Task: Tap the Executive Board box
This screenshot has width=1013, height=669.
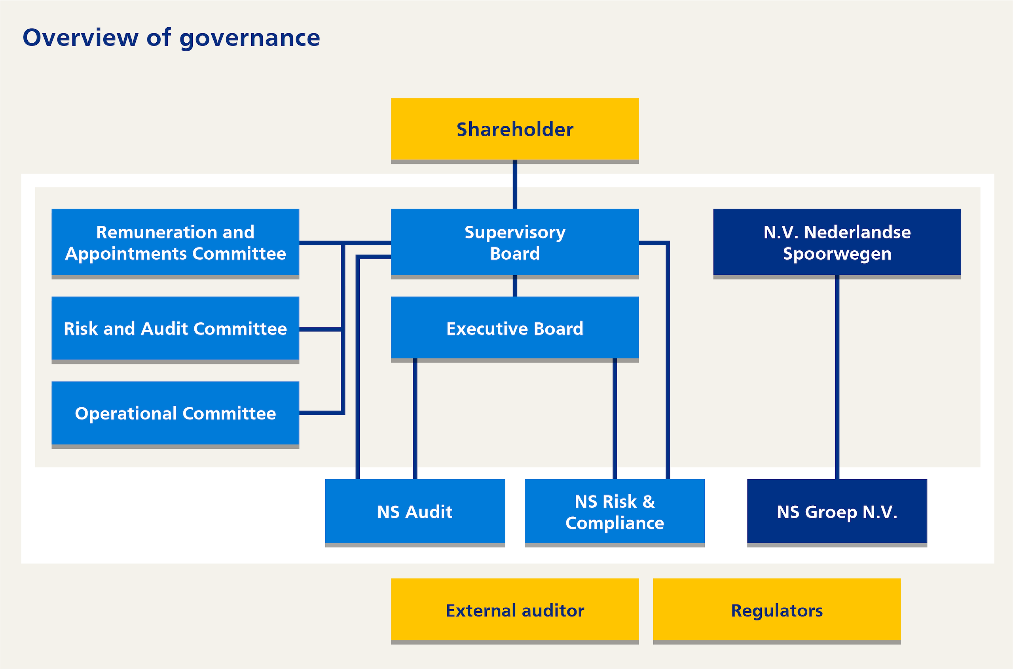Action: coord(515,329)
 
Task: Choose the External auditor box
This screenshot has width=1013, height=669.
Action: coord(515,610)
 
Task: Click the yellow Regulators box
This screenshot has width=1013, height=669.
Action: coord(777,610)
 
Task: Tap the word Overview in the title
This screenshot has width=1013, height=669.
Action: coord(81,38)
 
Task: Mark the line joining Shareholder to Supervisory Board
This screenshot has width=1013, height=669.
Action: coord(515,184)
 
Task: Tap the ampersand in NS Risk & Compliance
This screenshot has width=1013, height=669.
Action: coord(649,502)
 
